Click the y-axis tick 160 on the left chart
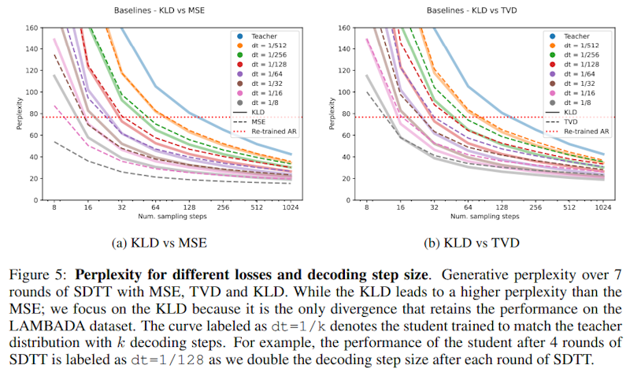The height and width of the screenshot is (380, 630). tap(32, 28)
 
